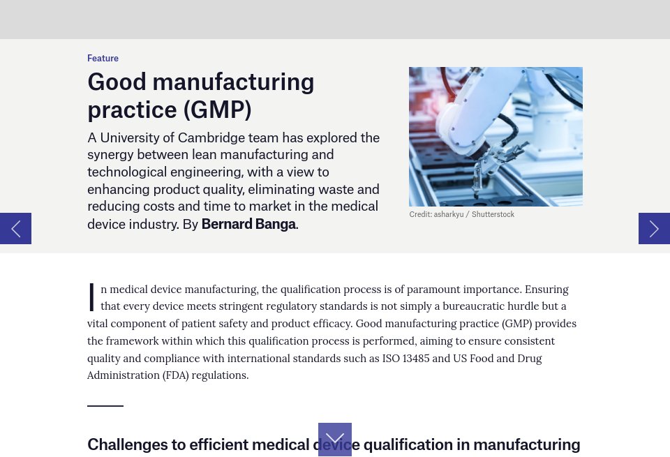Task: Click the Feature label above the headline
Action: click(103, 58)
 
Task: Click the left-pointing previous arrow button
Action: click(15, 228)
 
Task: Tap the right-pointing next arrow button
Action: click(654, 228)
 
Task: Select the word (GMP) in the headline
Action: click(217, 110)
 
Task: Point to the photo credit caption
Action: click(461, 214)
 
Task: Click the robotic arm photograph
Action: click(496, 136)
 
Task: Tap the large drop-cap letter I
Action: click(91, 297)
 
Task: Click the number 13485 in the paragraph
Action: click(417, 358)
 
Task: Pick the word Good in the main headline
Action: click(117, 82)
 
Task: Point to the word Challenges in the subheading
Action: click(128, 444)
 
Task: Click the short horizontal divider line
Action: click(105, 405)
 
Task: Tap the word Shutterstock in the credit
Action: click(493, 214)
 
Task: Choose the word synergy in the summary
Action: click(110, 154)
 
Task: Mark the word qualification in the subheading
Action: click(408, 444)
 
